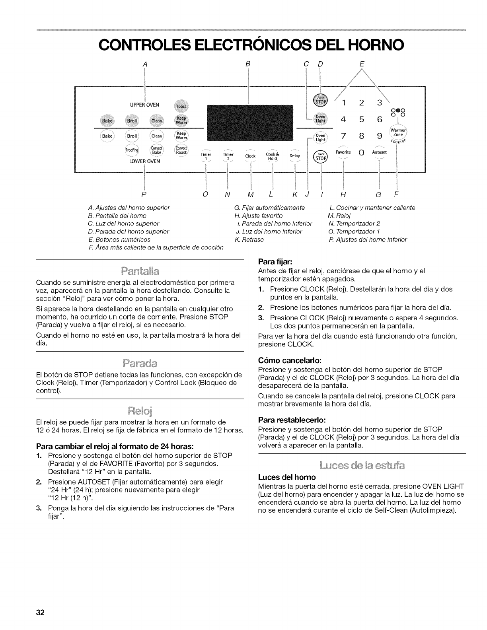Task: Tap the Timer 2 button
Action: (228, 156)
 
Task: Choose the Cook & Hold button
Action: (272, 156)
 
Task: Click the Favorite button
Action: (343, 153)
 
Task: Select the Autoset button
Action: (379, 153)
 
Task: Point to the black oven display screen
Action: (250, 124)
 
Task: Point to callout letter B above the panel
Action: (248, 64)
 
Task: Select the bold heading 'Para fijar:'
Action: (275, 262)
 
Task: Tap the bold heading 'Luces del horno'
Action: (287, 477)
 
